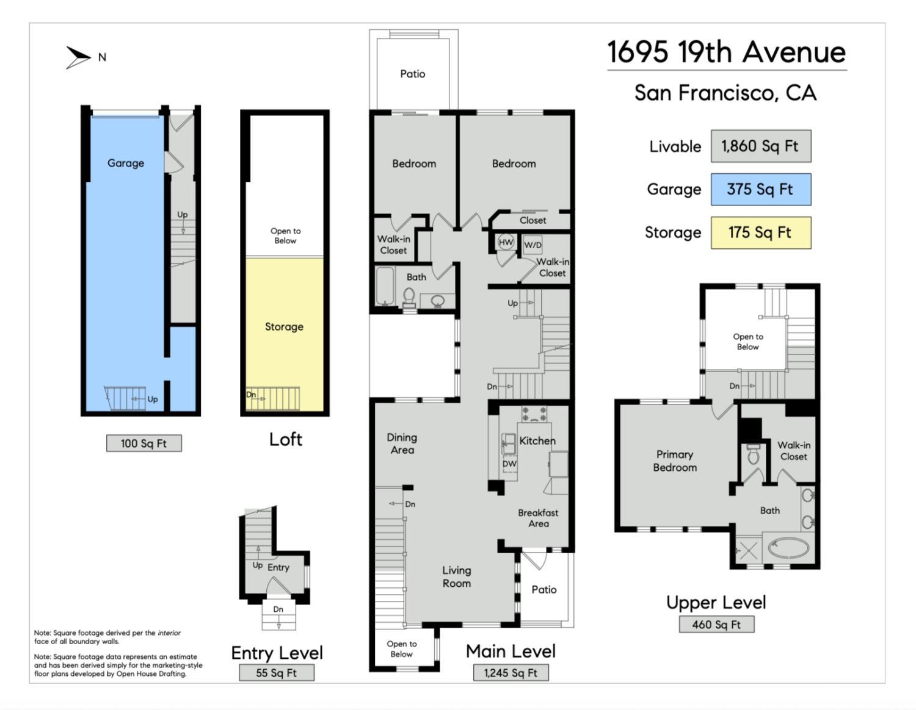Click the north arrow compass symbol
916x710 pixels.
78,58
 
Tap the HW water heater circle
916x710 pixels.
506,242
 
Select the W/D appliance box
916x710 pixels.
533,245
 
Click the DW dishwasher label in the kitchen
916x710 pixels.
509,464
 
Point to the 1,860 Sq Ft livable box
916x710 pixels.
761,146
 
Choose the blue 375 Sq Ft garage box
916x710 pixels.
761,189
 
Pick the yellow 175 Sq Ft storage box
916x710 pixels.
761,233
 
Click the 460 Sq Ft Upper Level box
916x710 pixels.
716,625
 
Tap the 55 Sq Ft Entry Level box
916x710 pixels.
277,673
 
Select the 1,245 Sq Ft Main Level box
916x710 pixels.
511,673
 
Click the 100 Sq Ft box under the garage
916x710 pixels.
144,443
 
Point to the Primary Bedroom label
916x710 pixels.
675,461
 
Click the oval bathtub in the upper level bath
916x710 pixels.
788,548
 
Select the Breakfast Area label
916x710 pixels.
539,518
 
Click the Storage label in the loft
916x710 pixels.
284,326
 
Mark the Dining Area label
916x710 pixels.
402,443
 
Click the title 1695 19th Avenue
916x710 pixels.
726,52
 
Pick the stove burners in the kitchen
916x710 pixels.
534,414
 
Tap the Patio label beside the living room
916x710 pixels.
543,590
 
